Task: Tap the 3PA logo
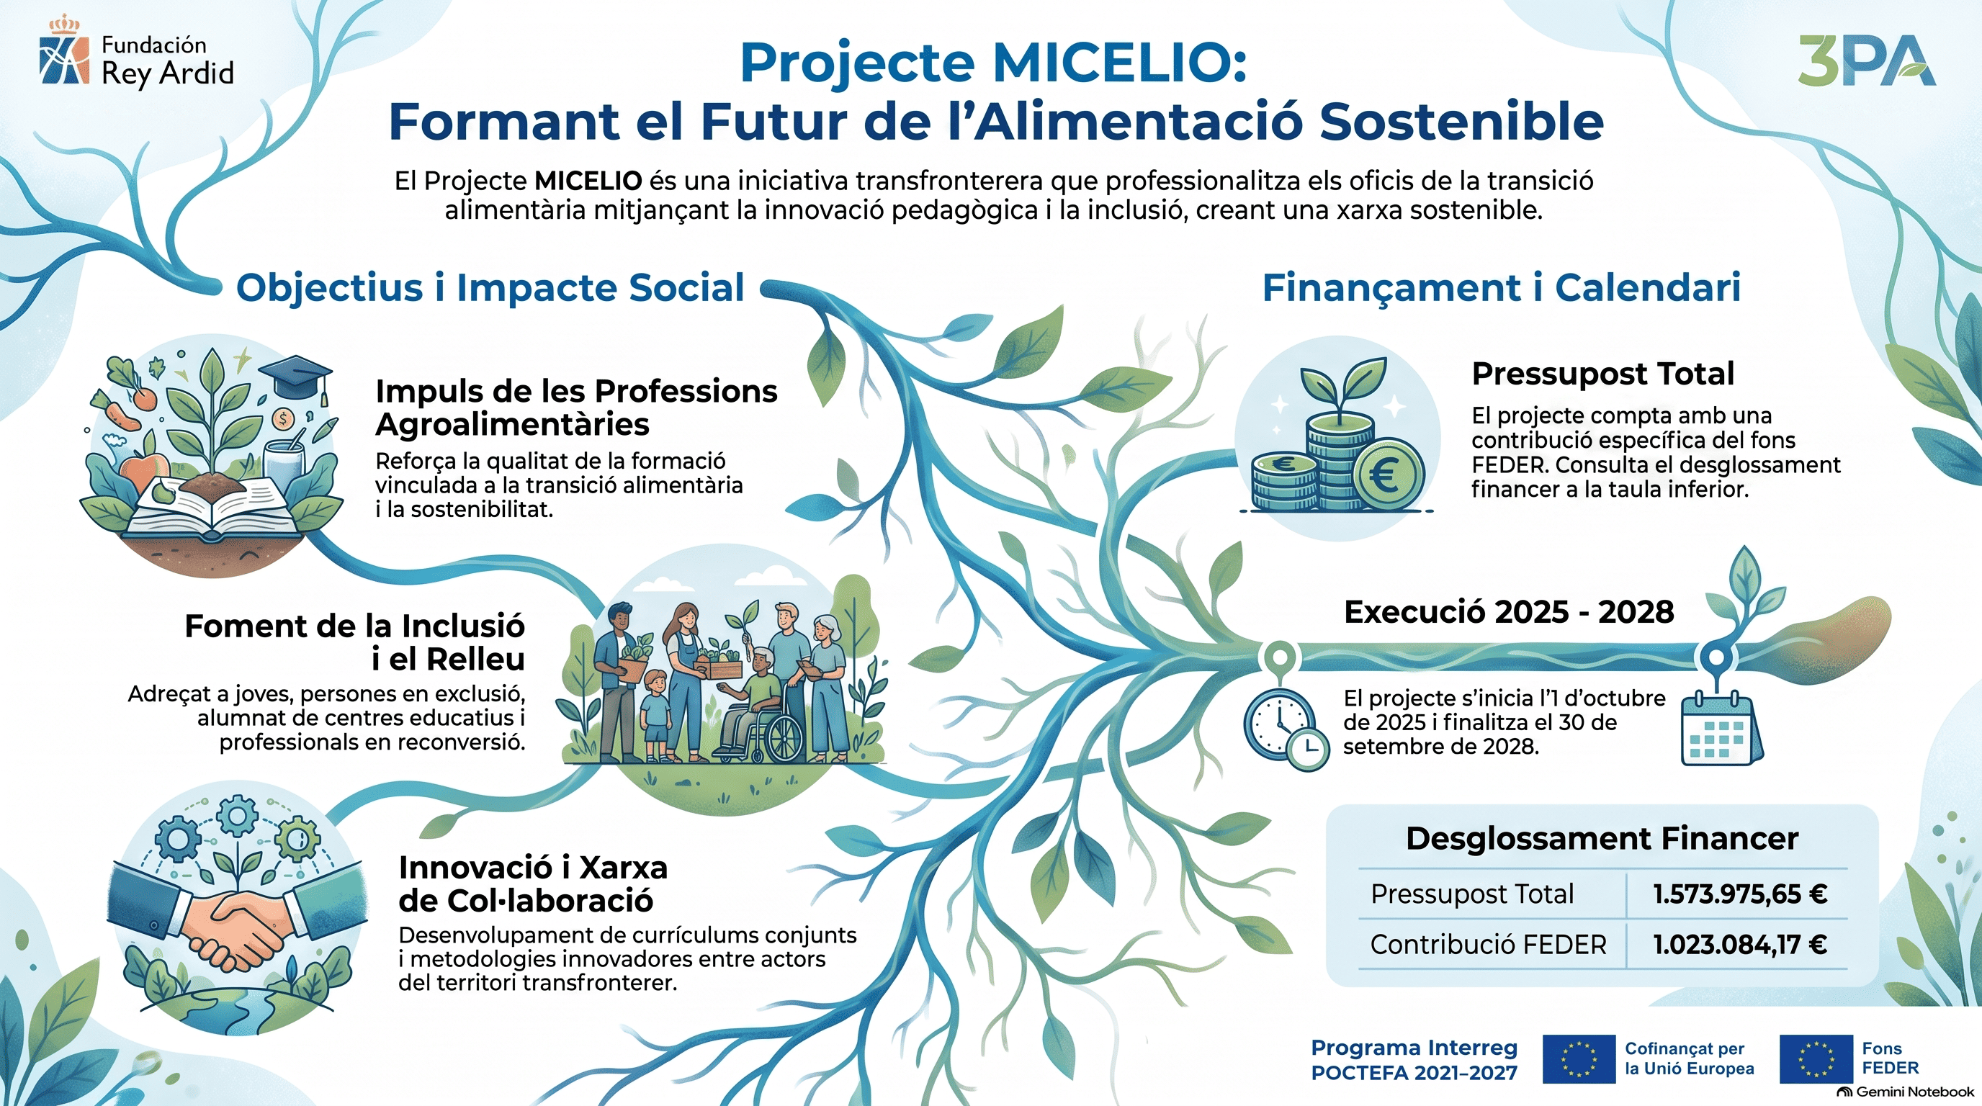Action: click(x=1867, y=60)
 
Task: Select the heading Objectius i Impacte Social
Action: click(x=490, y=287)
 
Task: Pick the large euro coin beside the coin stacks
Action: click(x=1387, y=475)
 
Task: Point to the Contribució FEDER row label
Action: click(x=1488, y=944)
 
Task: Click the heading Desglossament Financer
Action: click(x=1602, y=838)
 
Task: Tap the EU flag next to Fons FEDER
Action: click(x=1816, y=1059)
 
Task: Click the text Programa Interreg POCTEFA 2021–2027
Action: click(x=1414, y=1060)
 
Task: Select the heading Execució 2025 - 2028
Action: click(x=1509, y=612)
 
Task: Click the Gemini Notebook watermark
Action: click(x=1905, y=1092)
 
